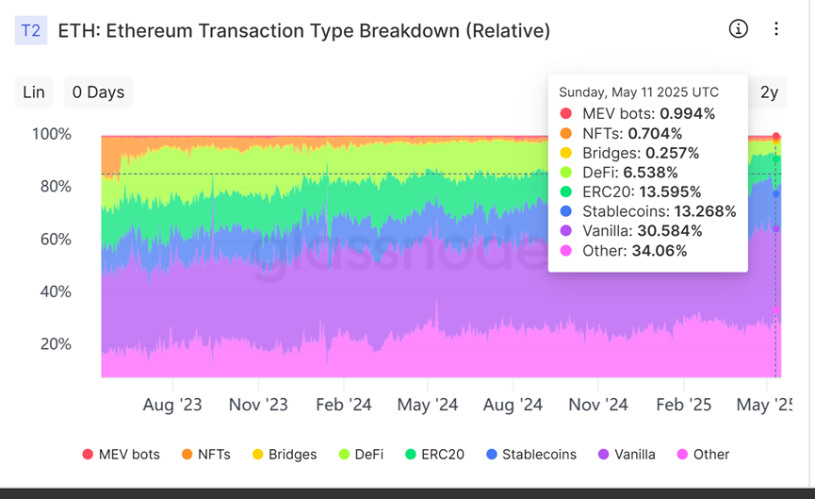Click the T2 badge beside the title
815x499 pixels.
click(30, 30)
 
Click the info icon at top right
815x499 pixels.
click(739, 28)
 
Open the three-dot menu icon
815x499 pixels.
click(776, 28)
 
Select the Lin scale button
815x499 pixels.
click(34, 91)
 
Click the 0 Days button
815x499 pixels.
click(98, 91)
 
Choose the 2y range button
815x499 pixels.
click(769, 91)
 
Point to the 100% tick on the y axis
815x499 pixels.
click(52, 134)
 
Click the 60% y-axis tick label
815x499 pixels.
click(56, 239)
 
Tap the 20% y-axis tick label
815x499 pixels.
click(56, 344)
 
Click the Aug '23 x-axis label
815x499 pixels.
click(173, 405)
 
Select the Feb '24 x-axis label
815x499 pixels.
click(343, 405)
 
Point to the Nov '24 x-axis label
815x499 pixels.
click(597, 405)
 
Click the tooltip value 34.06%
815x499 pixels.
click(659, 251)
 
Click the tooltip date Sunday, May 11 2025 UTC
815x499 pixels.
click(638, 92)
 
